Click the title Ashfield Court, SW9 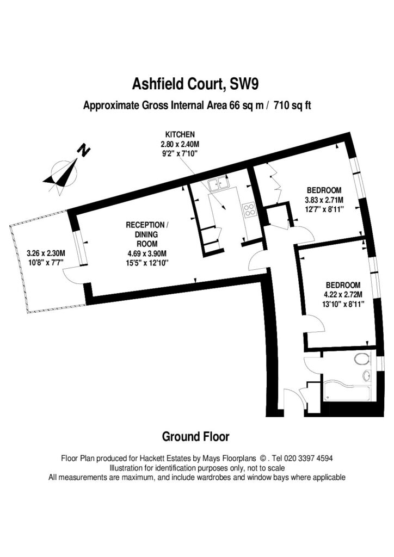click(196, 84)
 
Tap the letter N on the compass click(83, 150)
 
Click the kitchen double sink click(219, 185)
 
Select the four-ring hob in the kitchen click(250, 209)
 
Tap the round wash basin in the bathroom click(366, 376)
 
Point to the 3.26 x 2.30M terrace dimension click(46, 253)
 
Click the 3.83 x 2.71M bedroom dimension click(325, 200)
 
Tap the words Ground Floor click(196, 436)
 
